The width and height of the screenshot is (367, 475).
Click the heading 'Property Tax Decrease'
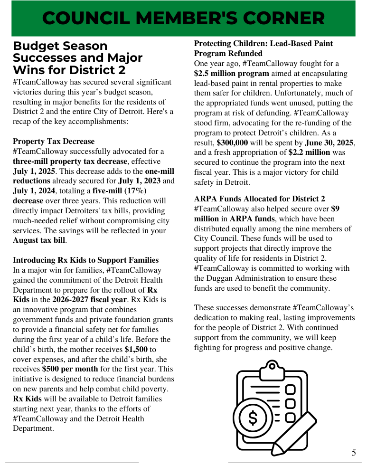tap(54, 142)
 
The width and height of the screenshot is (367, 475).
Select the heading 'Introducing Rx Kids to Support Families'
tap(85, 260)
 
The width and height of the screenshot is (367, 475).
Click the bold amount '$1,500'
tap(136, 349)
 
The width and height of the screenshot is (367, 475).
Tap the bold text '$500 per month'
tap(70, 369)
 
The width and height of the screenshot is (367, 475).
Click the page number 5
tap(354, 453)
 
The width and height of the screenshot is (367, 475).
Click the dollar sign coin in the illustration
tap(253, 418)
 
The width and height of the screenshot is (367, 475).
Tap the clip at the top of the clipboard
tap(272, 367)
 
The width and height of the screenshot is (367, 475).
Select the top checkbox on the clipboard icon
tap(290, 390)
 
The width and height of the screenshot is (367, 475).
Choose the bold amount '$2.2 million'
tap(309, 153)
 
